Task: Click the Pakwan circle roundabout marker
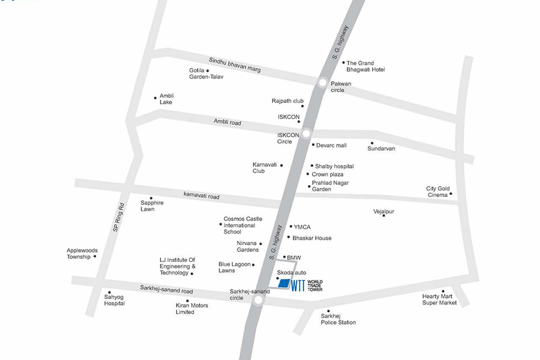click(x=323, y=82)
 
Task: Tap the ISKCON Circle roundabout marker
click(x=306, y=134)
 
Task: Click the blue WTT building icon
click(x=284, y=283)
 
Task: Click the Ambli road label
click(x=227, y=121)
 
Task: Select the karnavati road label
click(x=201, y=196)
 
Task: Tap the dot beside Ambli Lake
click(x=155, y=97)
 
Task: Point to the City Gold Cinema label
click(x=438, y=192)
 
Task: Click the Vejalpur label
click(x=384, y=211)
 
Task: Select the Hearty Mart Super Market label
click(x=439, y=300)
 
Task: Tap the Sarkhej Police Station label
click(x=338, y=319)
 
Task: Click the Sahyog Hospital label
click(x=114, y=300)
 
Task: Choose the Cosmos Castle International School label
click(x=243, y=225)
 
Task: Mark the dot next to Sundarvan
click(x=372, y=143)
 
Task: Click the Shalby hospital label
click(x=334, y=166)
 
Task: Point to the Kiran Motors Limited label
click(x=192, y=309)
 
